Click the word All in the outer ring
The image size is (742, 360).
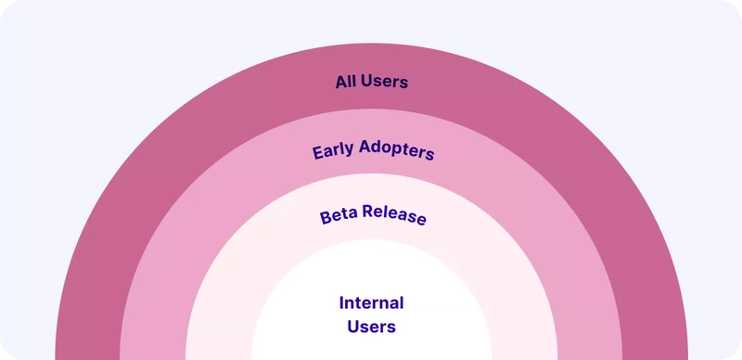coord(345,82)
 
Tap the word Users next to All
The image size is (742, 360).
coord(384,82)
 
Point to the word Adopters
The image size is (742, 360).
coord(397,149)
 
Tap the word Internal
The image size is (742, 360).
coord(372,302)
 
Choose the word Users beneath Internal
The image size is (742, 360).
coord(372,327)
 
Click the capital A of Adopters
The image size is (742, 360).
coord(365,147)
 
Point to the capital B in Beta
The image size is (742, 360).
coord(326,218)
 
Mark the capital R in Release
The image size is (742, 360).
coord(368,212)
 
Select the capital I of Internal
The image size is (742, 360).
coord(341,302)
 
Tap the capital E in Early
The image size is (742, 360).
coord(317,153)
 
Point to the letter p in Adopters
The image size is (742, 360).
coord(400,151)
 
